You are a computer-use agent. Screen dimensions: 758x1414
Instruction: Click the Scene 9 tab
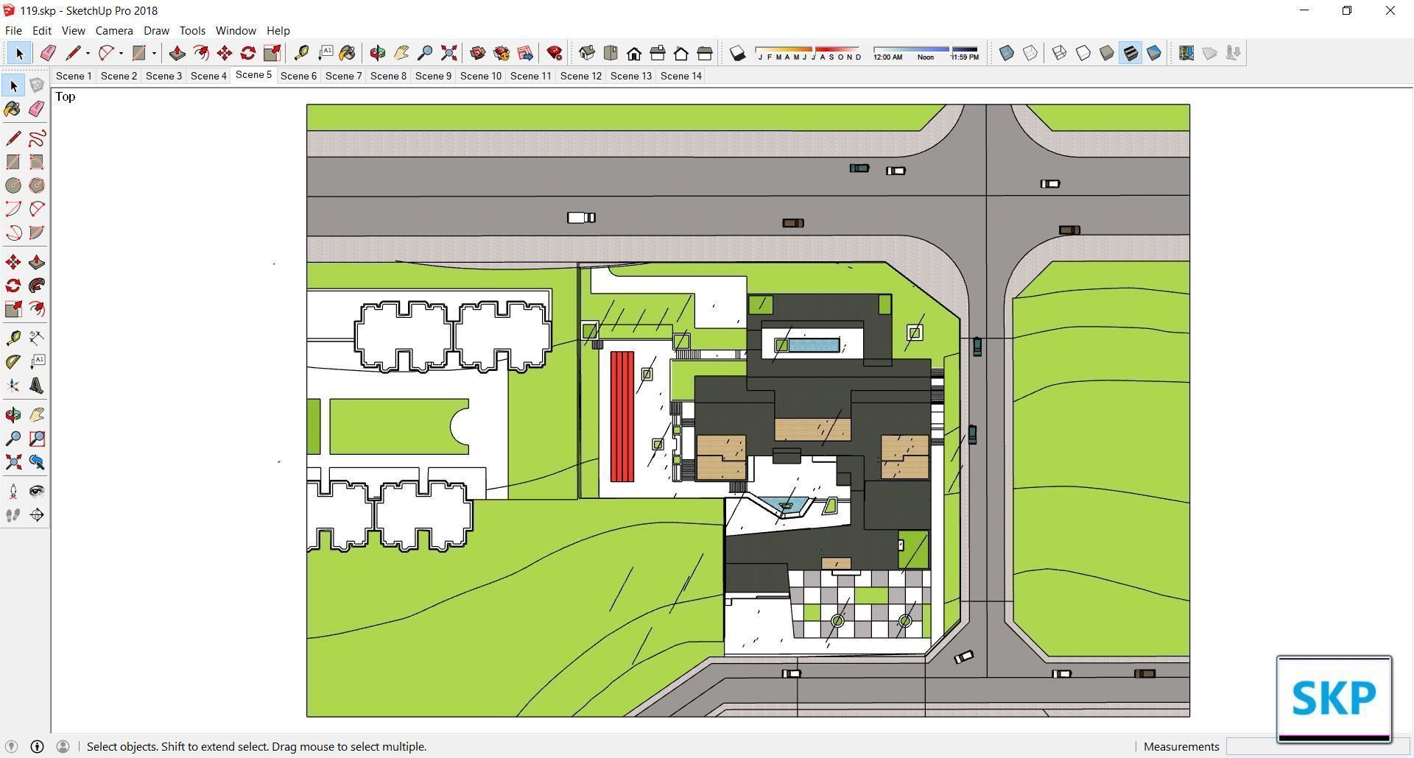pos(433,76)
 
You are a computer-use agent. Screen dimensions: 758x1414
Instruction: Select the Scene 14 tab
pos(680,76)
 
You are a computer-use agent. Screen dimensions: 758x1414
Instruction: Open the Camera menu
pos(114,31)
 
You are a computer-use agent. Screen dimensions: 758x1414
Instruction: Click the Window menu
pos(236,31)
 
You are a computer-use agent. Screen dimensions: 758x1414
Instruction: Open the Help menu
pos(278,31)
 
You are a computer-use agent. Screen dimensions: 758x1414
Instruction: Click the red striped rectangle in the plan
pos(622,417)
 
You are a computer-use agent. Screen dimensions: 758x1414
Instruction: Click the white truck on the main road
pos(581,218)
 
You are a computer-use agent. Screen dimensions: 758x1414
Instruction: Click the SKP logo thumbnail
pos(1334,698)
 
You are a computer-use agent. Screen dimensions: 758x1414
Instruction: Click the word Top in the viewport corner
pos(65,97)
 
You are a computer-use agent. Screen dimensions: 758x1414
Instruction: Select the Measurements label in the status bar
pos(1181,746)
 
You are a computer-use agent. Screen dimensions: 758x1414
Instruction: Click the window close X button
pos(1390,10)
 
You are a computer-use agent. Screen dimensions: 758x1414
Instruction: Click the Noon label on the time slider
pos(926,57)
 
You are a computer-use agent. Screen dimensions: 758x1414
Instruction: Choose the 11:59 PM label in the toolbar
pos(965,57)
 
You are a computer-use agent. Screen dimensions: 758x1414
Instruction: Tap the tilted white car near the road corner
pos(964,657)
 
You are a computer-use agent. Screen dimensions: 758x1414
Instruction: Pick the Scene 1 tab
pos(74,76)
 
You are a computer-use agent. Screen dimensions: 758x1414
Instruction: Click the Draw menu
pos(156,31)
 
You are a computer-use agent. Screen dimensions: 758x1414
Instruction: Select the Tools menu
pos(192,31)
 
